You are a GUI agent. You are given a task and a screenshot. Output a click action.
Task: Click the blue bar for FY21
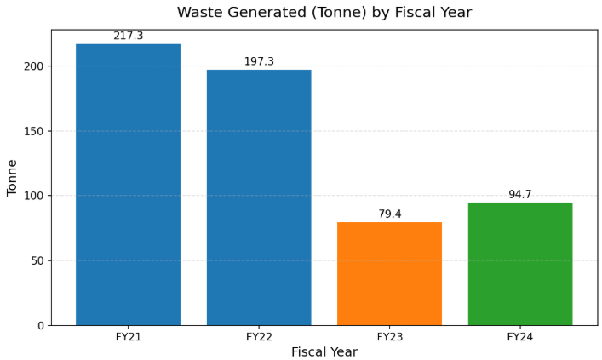pyautogui.click(x=128, y=184)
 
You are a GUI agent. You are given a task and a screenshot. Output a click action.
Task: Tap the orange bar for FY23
pyautogui.click(x=389, y=273)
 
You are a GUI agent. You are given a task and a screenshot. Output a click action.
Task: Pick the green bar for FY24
pyautogui.click(x=520, y=264)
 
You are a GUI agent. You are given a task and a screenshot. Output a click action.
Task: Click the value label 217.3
pyautogui.click(x=128, y=36)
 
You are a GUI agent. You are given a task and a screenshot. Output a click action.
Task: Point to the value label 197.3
pyautogui.click(x=259, y=61)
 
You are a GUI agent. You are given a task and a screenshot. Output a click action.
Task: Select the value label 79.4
pyautogui.click(x=389, y=214)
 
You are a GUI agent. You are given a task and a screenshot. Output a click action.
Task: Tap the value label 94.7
pyautogui.click(x=520, y=194)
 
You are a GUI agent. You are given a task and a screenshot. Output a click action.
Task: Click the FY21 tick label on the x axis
pyautogui.click(x=128, y=337)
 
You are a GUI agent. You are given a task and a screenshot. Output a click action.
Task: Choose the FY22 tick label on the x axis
pyautogui.click(x=259, y=337)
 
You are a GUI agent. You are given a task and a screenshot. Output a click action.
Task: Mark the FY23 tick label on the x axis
pyautogui.click(x=389, y=337)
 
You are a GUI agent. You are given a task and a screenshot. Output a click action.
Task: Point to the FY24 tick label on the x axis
pyautogui.click(x=520, y=337)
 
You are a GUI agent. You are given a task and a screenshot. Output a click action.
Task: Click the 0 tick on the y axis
pyautogui.click(x=40, y=325)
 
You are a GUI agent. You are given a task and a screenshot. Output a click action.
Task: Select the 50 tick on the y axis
pyautogui.click(x=37, y=260)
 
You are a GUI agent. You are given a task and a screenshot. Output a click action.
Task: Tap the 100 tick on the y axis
pyautogui.click(x=34, y=196)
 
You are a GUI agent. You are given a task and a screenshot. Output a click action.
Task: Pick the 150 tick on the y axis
pyautogui.click(x=34, y=131)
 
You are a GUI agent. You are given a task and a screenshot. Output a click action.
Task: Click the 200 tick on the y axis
pyautogui.click(x=34, y=66)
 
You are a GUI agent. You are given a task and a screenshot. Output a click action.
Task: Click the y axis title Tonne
pyautogui.click(x=13, y=177)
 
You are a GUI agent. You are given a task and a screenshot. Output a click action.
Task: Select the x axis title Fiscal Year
pyautogui.click(x=324, y=351)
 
